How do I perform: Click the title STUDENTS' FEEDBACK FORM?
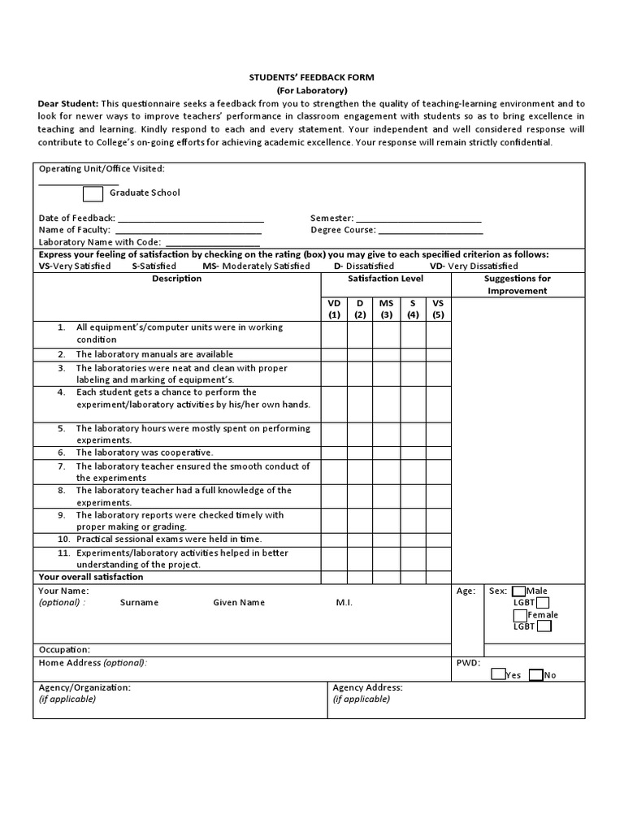311,76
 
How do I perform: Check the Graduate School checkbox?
93,193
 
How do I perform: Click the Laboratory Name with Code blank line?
212,244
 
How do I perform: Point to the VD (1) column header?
334,309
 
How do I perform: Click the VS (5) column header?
439,309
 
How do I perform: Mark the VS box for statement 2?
439,354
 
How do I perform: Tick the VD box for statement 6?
334,452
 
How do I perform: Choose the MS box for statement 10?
386,539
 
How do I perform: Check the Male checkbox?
518,591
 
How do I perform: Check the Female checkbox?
520,615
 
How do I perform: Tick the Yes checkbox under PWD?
498,674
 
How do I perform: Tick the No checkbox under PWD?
535,674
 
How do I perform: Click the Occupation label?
64,650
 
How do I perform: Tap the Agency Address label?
367,687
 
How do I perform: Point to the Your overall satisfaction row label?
91,577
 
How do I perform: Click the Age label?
466,591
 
